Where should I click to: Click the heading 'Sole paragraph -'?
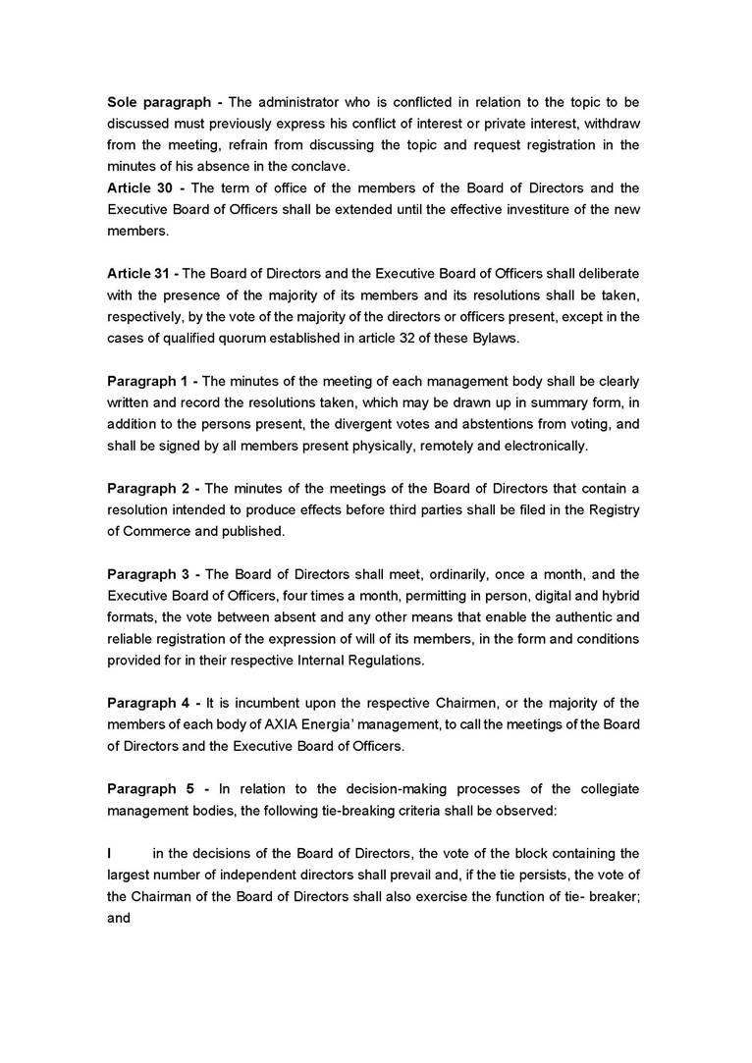point(165,102)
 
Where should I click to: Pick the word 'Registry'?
point(611,509)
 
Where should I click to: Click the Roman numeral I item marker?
point(109,853)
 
